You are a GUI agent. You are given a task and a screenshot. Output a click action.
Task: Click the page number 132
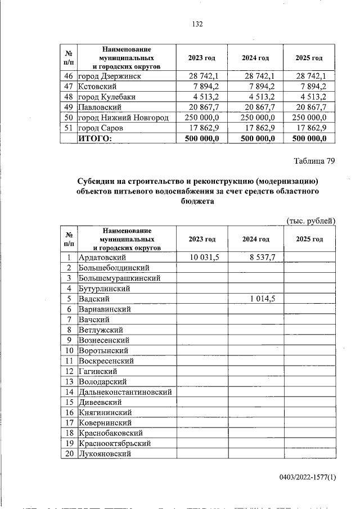tap(197, 24)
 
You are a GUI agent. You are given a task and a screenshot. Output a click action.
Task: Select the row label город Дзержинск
tap(109, 76)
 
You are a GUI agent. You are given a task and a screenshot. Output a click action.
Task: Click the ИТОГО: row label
tap(95, 138)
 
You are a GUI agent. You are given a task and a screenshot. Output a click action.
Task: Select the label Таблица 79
tap(314, 161)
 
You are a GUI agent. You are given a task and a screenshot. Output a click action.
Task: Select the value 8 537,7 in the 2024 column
tap(262, 257)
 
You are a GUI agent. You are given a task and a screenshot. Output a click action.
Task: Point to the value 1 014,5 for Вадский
tap(262, 299)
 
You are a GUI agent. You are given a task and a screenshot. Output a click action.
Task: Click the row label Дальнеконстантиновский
tap(125, 392)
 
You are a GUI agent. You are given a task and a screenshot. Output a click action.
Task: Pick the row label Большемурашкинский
tap(119, 278)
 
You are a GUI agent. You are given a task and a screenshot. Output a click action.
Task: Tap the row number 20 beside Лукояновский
tap(69, 454)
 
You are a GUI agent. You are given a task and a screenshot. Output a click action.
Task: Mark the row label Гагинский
tap(98, 371)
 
